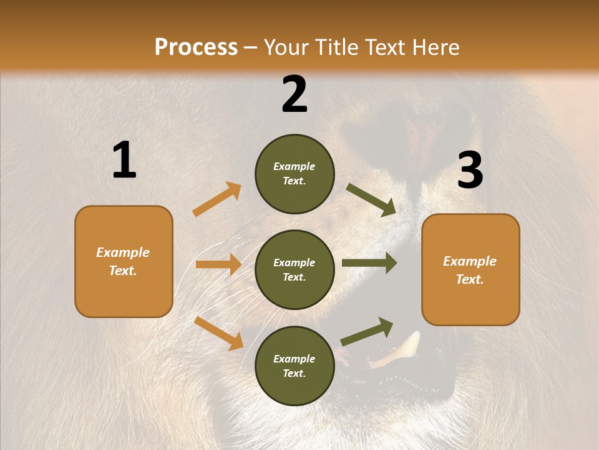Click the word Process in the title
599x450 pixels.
(196, 47)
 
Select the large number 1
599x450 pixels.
(124, 160)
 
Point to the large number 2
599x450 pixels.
(295, 94)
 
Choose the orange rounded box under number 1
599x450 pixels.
(124, 261)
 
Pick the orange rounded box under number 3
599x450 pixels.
(470, 270)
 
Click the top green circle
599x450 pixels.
(295, 174)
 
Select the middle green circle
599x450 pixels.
(295, 269)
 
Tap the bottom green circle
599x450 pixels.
(295, 366)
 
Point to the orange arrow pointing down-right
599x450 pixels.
(219, 333)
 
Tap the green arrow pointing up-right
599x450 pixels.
(367, 332)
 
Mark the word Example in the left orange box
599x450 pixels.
(123, 252)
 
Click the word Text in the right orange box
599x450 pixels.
(469, 279)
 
